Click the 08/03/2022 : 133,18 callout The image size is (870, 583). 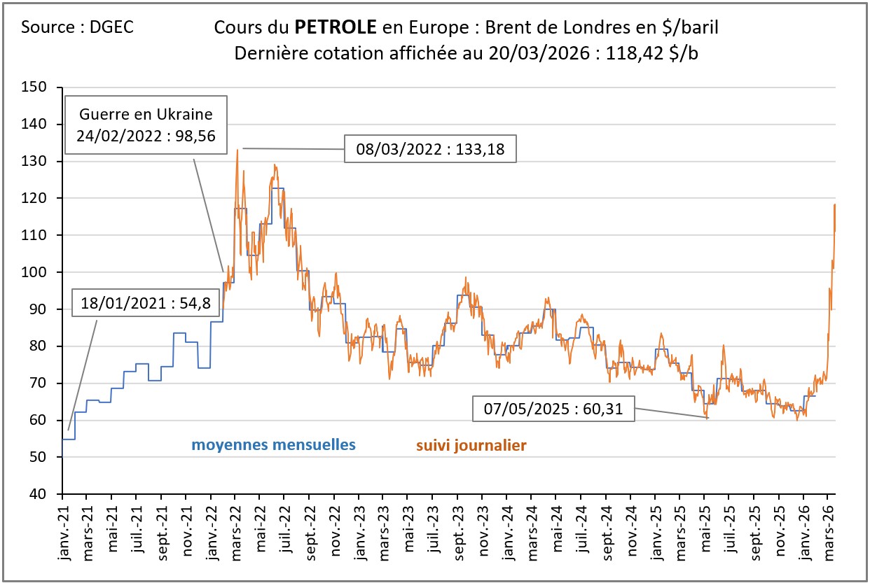(x=430, y=148)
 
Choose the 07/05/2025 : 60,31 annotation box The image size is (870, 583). (x=553, y=409)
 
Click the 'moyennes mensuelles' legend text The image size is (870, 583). (x=274, y=444)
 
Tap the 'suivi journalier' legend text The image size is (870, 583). (x=471, y=445)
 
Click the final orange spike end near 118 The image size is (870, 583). (x=834, y=204)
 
